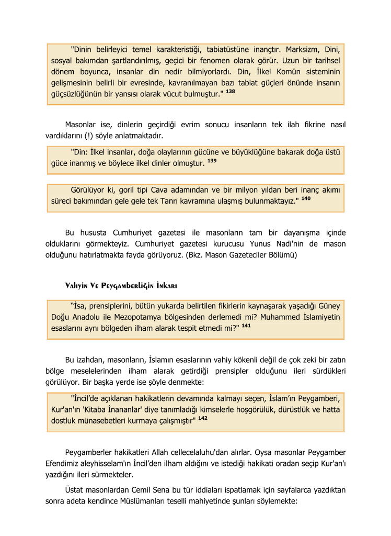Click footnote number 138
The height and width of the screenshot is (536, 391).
tap(231, 91)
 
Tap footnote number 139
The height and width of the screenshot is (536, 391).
tap(212, 161)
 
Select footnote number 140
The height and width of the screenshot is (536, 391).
tap(306, 199)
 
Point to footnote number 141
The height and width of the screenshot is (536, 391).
tap(246, 326)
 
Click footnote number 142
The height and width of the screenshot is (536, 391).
tap(203, 418)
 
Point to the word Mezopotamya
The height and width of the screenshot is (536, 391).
tap(144, 317)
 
